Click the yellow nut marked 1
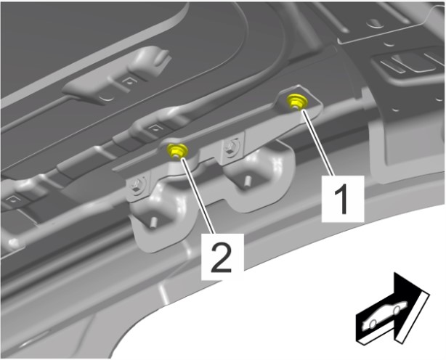tap(296, 101)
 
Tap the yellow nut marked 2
tap(177, 151)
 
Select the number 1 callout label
tap(343, 198)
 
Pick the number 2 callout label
tap(222, 256)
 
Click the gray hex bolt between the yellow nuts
tap(230, 147)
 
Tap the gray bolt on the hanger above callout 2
tap(137, 187)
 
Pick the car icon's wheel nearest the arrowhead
tap(397, 311)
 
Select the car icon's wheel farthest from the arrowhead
tap(373, 323)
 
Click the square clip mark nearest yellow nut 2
tap(155, 128)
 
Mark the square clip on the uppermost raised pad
tap(129, 82)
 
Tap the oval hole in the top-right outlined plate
tap(375, 22)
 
